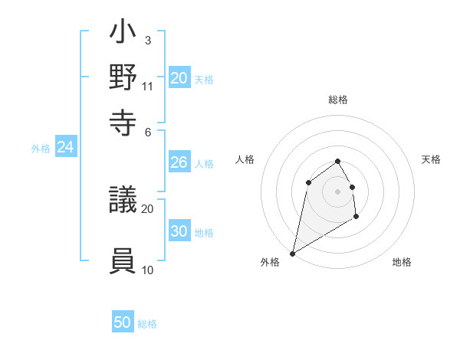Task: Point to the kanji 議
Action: click(123, 201)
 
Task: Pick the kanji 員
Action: click(123, 260)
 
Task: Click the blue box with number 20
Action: click(179, 77)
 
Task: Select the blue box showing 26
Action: click(179, 162)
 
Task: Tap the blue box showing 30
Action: click(179, 231)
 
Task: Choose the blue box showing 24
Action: click(66, 147)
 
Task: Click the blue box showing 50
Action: click(123, 322)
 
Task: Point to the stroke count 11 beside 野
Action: click(148, 86)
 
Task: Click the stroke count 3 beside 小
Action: click(147, 40)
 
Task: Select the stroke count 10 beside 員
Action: click(148, 270)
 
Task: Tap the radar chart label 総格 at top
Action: click(338, 100)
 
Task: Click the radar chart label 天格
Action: click(431, 159)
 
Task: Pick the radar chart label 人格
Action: click(245, 159)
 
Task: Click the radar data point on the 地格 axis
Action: click(356, 217)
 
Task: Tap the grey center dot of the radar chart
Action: click(337, 191)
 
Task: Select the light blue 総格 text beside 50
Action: click(147, 324)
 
